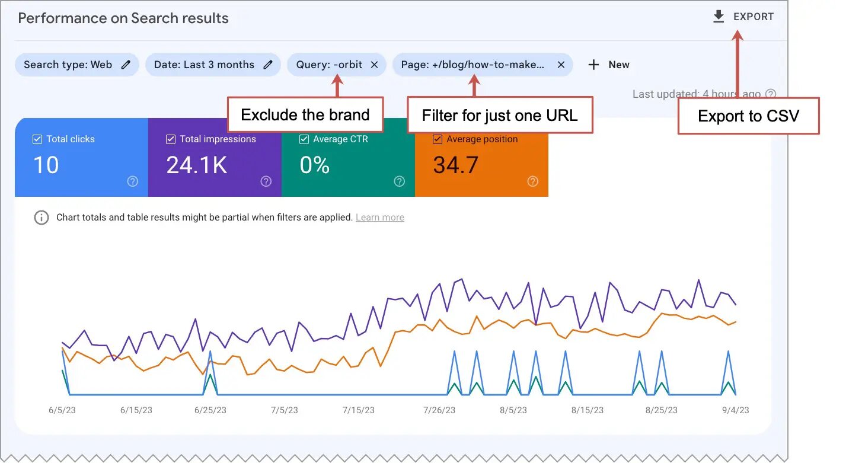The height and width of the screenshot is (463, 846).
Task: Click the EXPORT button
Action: pyautogui.click(x=743, y=17)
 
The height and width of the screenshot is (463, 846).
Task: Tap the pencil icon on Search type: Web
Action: pyautogui.click(x=126, y=65)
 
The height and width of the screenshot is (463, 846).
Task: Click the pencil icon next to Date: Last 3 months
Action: pyautogui.click(x=268, y=65)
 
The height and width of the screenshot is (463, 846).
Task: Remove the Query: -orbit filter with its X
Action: pyautogui.click(x=374, y=65)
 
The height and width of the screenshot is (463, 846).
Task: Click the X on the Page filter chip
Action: pyautogui.click(x=561, y=65)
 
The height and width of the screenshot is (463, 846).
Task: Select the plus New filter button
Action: pyautogui.click(x=608, y=65)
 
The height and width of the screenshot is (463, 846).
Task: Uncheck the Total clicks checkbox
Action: pyautogui.click(x=37, y=139)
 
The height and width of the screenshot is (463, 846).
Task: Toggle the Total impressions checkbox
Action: pyautogui.click(x=170, y=139)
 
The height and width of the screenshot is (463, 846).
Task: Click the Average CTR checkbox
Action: pyautogui.click(x=304, y=139)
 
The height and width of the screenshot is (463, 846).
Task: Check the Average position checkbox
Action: pyautogui.click(x=438, y=139)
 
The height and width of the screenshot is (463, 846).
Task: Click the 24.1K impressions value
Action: pyautogui.click(x=196, y=165)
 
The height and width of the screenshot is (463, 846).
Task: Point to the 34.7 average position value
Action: pyautogui.click(x=455, y=165)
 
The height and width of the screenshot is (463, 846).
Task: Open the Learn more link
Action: pyautogui.click(x=380, y=218)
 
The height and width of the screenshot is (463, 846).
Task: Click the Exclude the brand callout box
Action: pyautogui.click(x=305, y=114)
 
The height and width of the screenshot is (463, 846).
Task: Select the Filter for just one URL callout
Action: pyautogui.click(x=500, y=115)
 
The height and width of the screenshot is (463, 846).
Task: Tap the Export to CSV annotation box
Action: pyautogui.click(x=748, y=116)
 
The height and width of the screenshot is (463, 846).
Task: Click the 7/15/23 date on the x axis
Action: pyautogui.click(x=358, y=410)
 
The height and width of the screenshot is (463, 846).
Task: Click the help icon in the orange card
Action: pyautogui.click(x=532, y=181)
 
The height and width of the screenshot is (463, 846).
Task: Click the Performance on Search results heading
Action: pyautogui.click(x=123, y=18)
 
